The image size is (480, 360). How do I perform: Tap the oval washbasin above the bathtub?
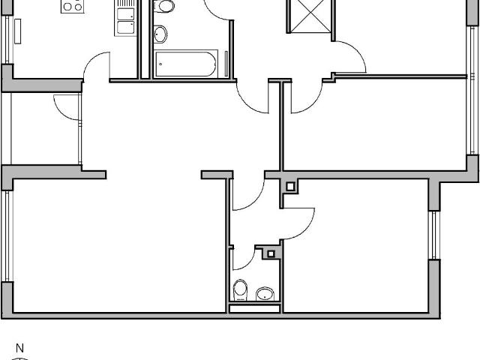tap(160, 34)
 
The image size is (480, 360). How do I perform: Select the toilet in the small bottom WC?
tap(241, 289)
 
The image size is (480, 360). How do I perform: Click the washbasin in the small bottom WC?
tap(264, 293)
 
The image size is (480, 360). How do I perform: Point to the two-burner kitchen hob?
tap(73, 5)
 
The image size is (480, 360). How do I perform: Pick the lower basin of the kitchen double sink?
tap(124, 28)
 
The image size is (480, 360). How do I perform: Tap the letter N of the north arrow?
tap(20, 348)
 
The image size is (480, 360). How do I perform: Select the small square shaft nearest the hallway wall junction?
tap(290, 186)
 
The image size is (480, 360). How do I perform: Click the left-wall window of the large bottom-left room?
tap(7, 236)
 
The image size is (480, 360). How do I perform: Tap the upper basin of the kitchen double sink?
tap(124, 13)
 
